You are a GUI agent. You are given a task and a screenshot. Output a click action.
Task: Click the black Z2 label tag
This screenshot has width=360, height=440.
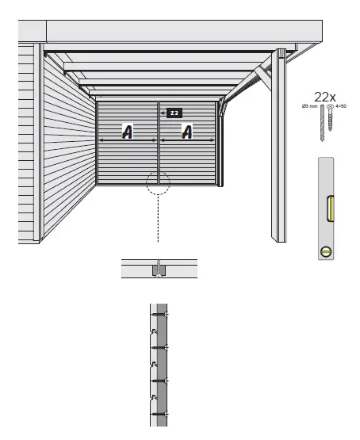(x=174, y=113)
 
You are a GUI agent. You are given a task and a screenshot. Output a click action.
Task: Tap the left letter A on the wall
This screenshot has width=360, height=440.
(x=127, y=132)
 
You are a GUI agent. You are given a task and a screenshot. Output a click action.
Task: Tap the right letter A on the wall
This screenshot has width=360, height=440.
(x=187, y=132)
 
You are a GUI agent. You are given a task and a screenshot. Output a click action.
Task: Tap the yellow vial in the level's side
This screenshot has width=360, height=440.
(x=330, y=207)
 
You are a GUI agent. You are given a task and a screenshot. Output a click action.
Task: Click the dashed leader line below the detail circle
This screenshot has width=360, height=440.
(x=158, y=218)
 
